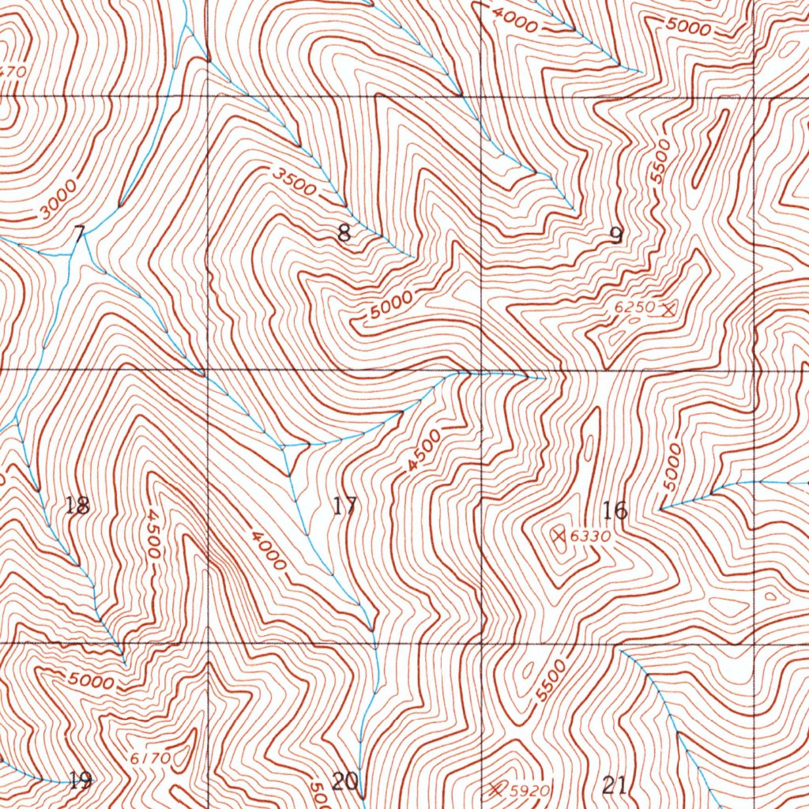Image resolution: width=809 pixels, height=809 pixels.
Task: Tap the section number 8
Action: click(344, 233)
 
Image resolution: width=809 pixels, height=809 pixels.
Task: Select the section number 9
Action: click(615, 235)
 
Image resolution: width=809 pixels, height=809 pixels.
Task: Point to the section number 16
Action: click(615, 510)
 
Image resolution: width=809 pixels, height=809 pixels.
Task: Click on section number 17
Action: click(344, 506)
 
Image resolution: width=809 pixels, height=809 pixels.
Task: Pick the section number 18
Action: click(77, 506)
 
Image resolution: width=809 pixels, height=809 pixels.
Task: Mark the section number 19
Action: click(79, 781)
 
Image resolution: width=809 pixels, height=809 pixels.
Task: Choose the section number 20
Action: click(344, 782)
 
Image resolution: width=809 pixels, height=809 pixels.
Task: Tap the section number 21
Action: click(615, 785)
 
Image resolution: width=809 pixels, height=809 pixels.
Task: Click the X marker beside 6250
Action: click(669, 310)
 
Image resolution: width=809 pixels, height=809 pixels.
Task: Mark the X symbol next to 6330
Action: click(560, 536)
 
